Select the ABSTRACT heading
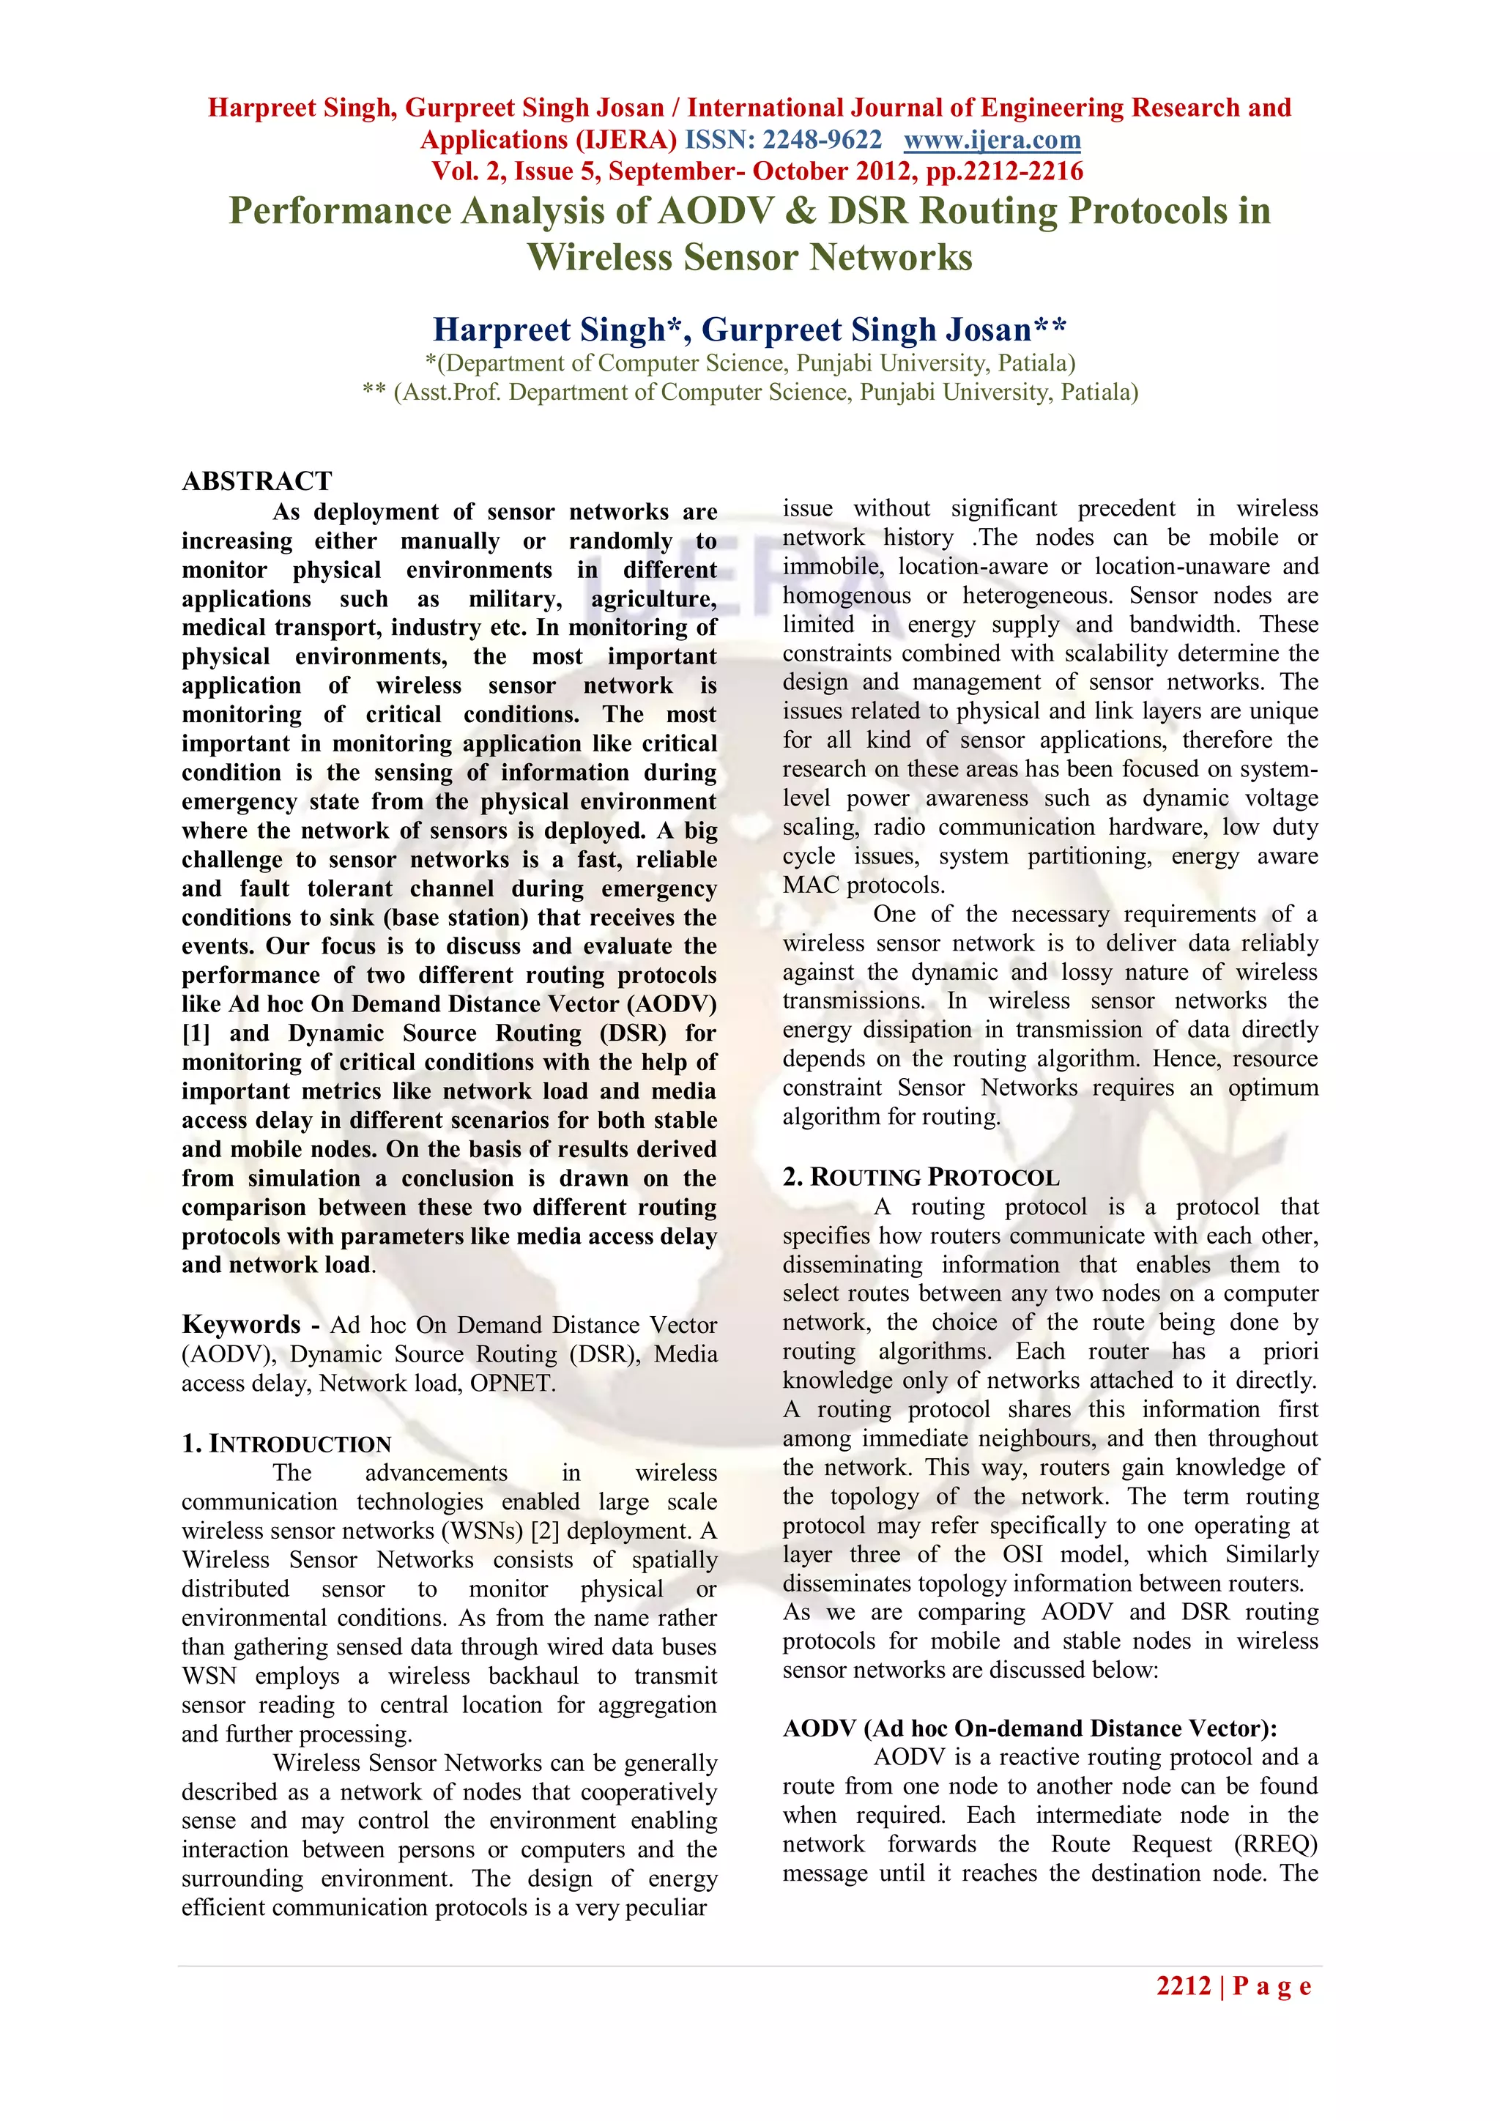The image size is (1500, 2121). click(257, 481)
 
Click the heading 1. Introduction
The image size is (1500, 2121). click(286, 1444)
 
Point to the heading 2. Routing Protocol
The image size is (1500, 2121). click(920, 1177)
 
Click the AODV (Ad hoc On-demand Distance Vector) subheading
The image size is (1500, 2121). click(1030, 1728)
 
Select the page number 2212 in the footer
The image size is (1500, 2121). click(1183, 1986)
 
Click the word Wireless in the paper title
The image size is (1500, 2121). click(601, 257)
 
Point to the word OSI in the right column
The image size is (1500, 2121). click(1022, 1554)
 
